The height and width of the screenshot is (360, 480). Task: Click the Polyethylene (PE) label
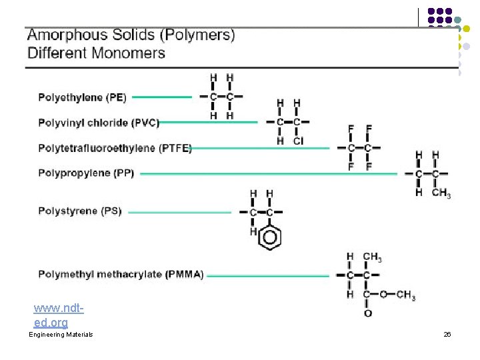81,97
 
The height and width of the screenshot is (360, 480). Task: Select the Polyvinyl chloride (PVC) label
99,123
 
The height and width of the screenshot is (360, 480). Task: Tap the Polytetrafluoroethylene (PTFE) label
115,148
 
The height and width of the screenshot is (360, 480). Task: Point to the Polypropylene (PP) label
86,173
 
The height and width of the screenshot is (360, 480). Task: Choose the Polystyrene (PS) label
80,211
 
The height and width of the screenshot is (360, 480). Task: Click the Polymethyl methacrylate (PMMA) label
121,274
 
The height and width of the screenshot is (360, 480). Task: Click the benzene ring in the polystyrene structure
269,237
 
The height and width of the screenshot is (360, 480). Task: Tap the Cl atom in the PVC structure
297,141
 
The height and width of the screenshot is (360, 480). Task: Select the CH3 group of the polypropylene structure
441,193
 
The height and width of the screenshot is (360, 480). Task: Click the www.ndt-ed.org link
59,316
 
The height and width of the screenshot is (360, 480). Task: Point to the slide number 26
447,334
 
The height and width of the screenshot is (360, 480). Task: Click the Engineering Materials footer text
61,334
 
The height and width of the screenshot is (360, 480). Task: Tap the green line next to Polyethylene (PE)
162,97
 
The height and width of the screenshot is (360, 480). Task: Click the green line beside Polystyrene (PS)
179,212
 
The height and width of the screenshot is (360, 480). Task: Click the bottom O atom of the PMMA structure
367,313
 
